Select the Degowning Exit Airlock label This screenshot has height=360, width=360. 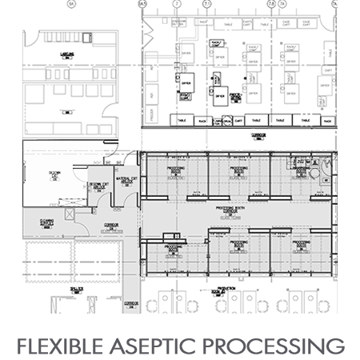coord(98,185)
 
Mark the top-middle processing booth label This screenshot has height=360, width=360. coord(238,170)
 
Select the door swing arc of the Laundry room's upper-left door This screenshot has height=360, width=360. coord(32,36)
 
